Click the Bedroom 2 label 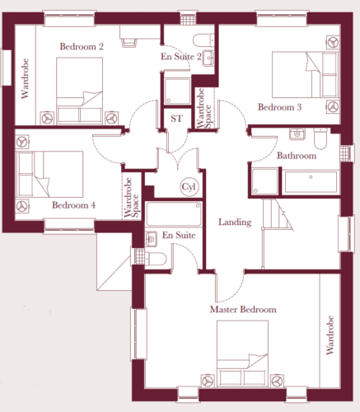click(x=82, y=46)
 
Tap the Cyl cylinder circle click(x=189, y=187)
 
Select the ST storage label click(x=176, y=119)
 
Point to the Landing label click(x=235, y=222)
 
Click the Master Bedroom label click(x=243, y=310)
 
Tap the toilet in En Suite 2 click(x=203, y=40)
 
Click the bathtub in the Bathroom click(x=311, y=182)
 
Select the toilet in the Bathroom click(x=320, y=138)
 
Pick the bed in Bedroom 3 click(x=305, y=75)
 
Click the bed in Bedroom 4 click(x=50, y=174)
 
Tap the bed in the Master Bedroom click(x=242, y=354)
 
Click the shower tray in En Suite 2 click(x=177, y=91)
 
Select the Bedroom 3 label click(x=279, y=107)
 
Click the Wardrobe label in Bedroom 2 click(x=25, y=78)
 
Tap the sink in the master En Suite click(x=151, y=239)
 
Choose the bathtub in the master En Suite click(x=174, y=214)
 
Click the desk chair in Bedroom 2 click(x=129, y=43)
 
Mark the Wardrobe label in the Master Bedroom click(x=330, y=335)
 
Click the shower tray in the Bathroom click(x=265, y=181)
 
